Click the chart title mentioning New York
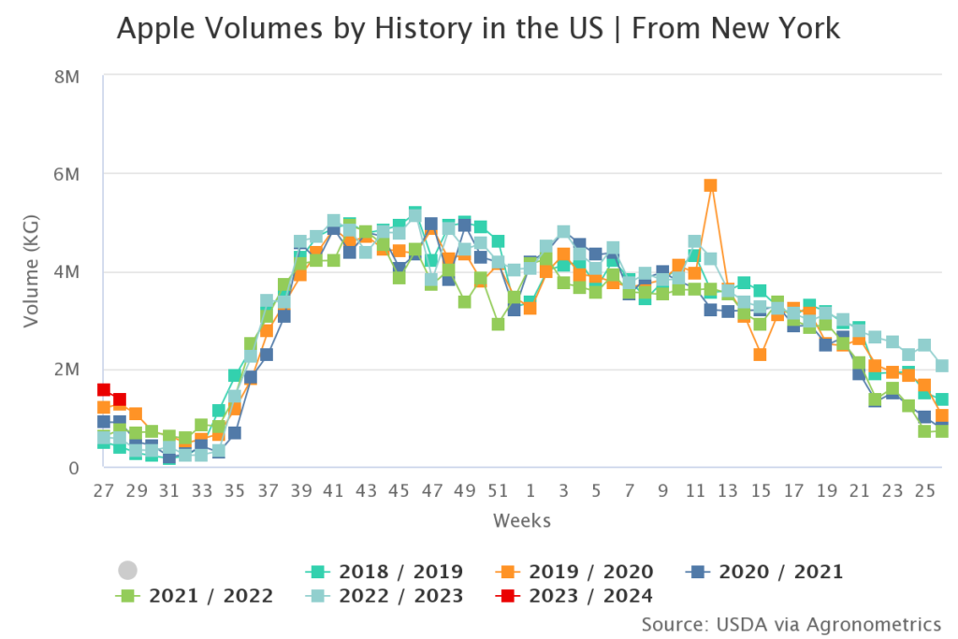(478, 29)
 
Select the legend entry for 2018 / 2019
(385, 572)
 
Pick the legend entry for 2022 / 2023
(385, 596)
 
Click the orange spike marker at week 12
(710, 185)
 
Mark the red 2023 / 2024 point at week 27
(104, 390)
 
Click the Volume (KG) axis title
(32, 271)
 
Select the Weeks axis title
(522, 520)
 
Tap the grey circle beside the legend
(128, 571)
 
